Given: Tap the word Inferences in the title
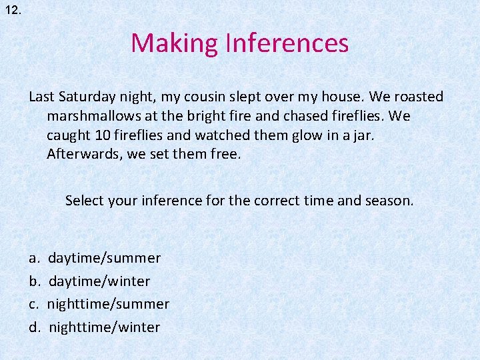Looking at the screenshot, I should [287, 43].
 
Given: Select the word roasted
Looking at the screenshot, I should [418, 97].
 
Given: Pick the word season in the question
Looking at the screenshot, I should [390, 200].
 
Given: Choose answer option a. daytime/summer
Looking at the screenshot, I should [104, 258].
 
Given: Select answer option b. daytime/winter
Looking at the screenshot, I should [99, 281].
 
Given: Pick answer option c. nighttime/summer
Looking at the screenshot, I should [107, 304].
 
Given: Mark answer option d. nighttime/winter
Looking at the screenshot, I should [104, 327].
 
